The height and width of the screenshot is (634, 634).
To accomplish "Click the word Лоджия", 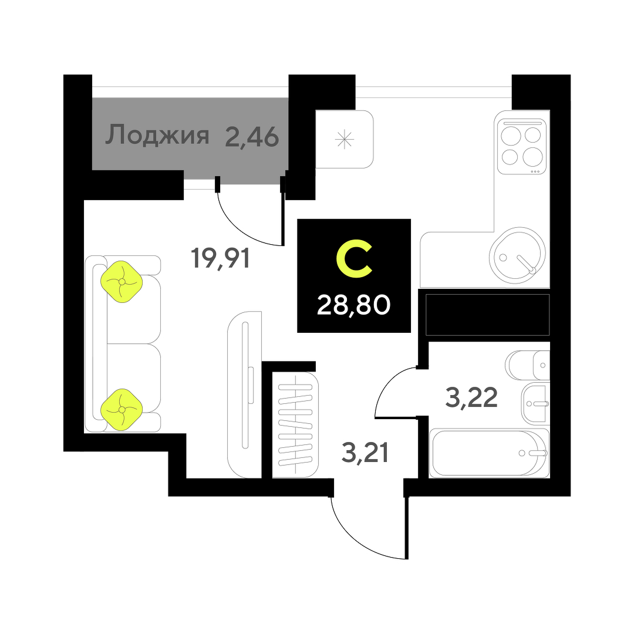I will (157, 136).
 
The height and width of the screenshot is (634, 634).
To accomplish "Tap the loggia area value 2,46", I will (251, 137).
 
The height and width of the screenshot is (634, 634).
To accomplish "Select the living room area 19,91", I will (221, 258).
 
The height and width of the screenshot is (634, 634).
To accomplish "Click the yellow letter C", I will (354, 261).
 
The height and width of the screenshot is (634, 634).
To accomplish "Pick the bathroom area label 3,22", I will (472, 398).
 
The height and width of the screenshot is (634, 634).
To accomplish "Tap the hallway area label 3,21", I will (365, 453).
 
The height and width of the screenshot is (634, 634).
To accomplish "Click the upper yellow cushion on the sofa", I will (122, 282).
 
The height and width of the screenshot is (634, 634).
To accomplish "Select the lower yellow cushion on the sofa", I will (122, 409).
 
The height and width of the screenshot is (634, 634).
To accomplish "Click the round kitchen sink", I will (517, 254).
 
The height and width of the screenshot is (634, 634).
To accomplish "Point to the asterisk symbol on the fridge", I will (345, 139).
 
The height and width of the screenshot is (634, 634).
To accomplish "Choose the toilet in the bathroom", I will (528, 365).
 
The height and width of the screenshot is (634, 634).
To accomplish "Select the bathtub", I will (489, 453).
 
